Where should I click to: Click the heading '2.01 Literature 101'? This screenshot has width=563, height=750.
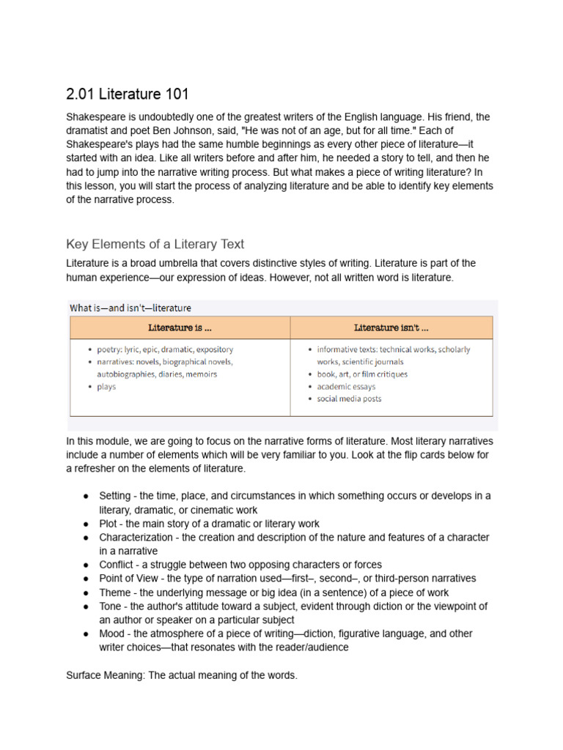[128, 94]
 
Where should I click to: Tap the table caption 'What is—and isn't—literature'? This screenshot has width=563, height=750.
[130, 308]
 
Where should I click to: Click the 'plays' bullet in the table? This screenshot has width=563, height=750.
[106, 387]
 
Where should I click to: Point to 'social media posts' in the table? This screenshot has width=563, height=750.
[349, 399]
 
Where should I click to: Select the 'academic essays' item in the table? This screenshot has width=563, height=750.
[346, 387]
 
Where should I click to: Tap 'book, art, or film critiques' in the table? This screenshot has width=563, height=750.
[362, 374]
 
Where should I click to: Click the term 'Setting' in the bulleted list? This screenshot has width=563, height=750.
[115, 496]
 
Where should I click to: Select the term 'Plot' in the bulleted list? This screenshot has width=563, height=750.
[109, 524]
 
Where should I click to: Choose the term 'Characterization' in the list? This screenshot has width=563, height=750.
[136, 538]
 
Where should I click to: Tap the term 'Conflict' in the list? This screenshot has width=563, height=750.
[117, 565]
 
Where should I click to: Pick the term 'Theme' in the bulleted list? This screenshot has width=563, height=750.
[116, 593]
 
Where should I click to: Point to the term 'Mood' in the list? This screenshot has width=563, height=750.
[113, 634]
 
